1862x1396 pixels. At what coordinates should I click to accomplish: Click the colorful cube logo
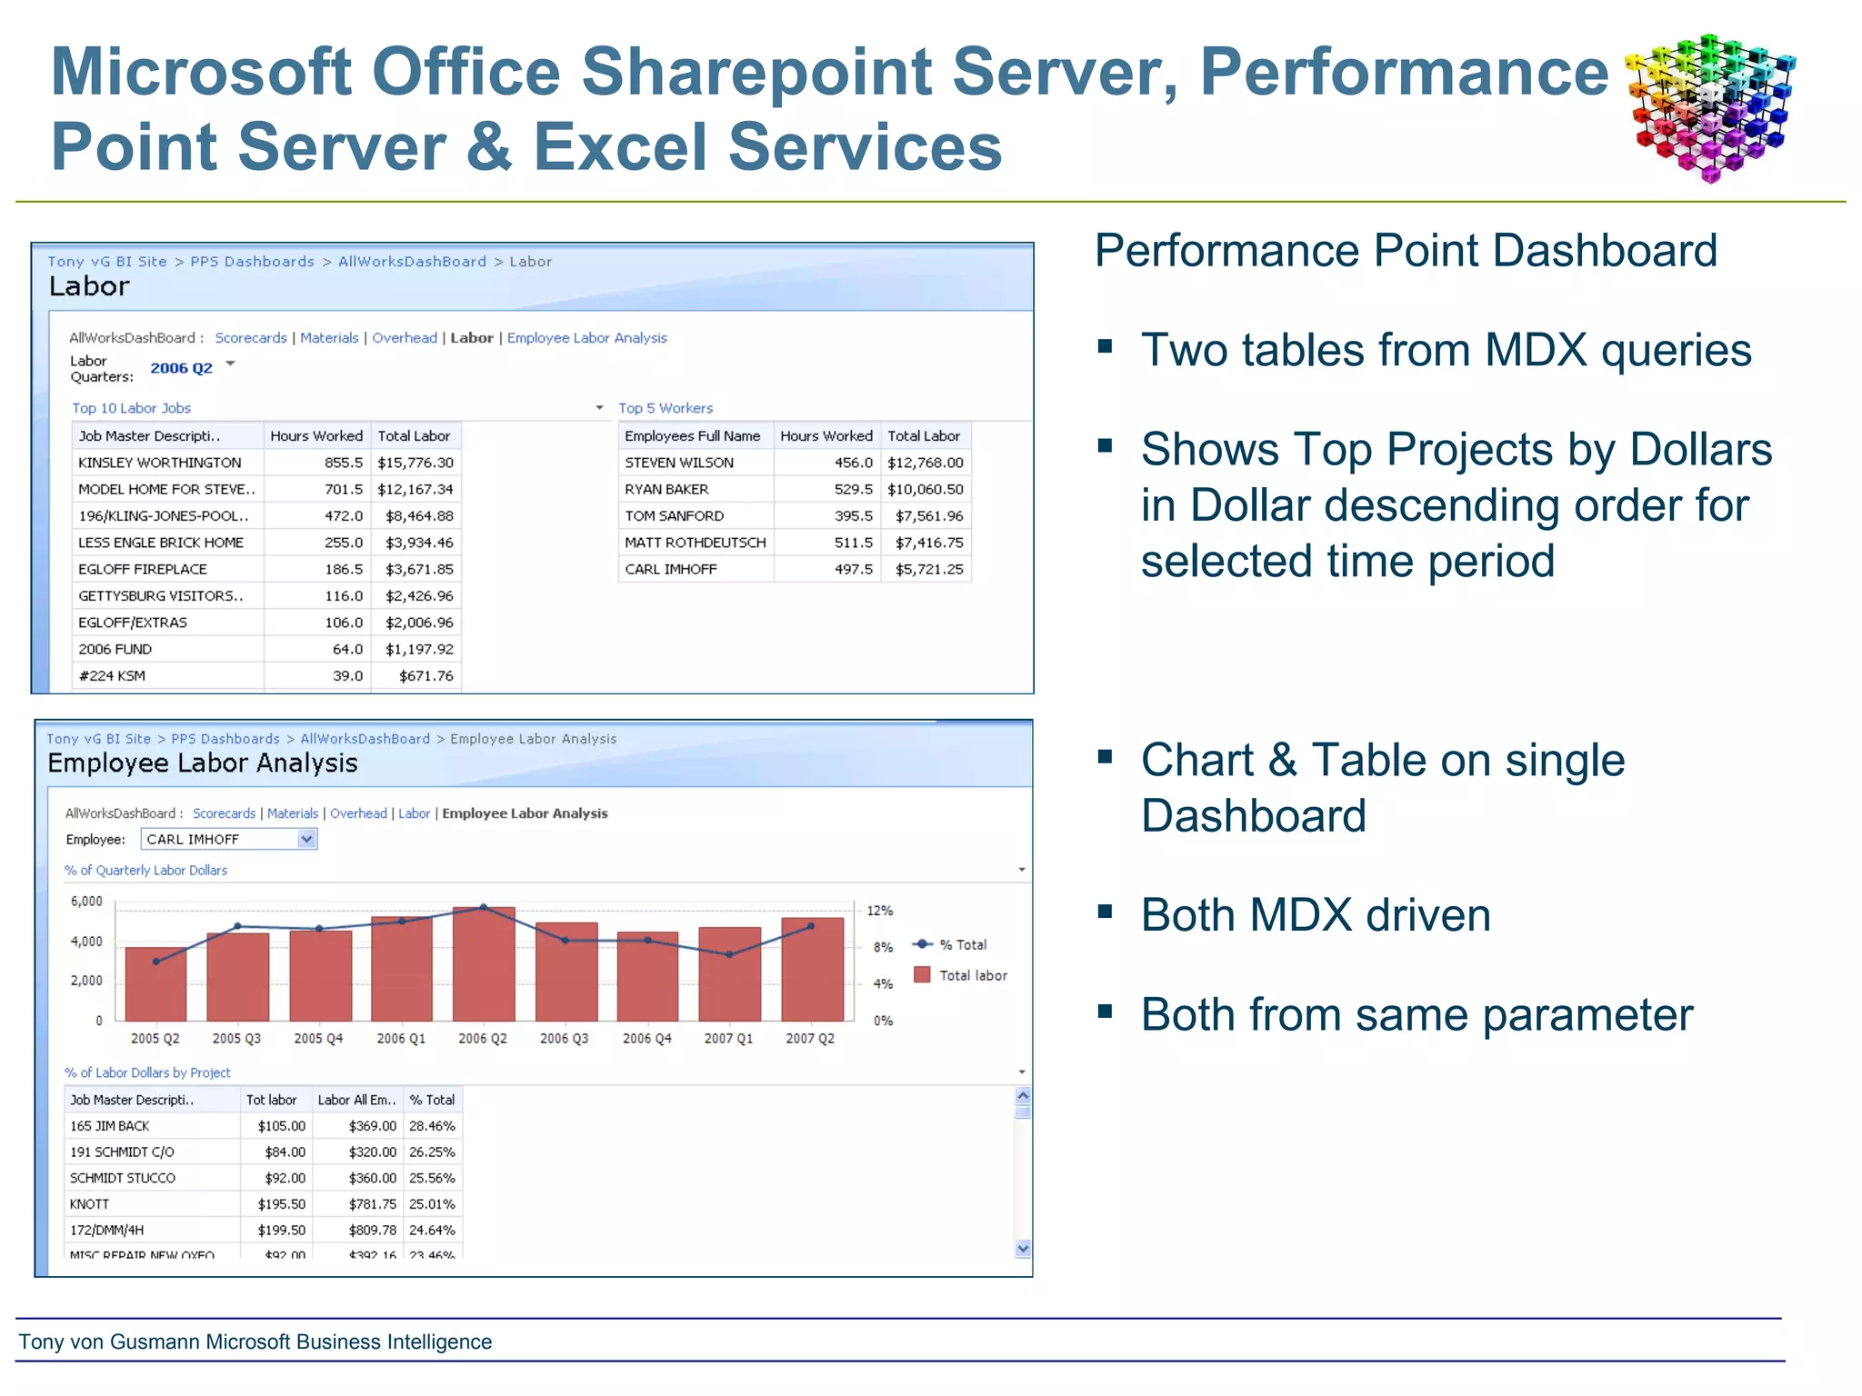pyautogui.click(x=1710, y=107)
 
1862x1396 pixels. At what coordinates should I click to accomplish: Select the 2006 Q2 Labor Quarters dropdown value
pyautogui.click(x=181, y=368)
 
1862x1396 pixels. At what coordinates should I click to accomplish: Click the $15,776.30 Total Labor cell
pyautogui.click(x=415, y=463)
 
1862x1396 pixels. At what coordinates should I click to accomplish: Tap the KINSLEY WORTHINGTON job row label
pyautogui.click(x=160, y=463)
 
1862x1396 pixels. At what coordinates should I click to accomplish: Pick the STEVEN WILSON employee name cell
pyautogui.click(x=679, y=463)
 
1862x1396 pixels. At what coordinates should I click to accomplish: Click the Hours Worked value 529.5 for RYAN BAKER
pyautogui.click(x=852, y=489)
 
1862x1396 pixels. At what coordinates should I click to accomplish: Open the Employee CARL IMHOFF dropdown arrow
pyautogui.click(x=307, y=839)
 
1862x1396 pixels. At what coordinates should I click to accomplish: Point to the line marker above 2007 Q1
pyautogui.click(x=729, y=954)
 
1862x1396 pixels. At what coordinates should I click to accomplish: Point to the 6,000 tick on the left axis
pyautogui.click(x=86, y=902)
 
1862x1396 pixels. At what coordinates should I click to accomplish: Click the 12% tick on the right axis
pyautogui.click(x=879, y=911)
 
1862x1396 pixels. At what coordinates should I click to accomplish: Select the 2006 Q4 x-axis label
pyautogui.click(x=646, y=1038)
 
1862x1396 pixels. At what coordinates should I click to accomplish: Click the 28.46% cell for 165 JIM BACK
pyautogui.click(x=432, y=1126)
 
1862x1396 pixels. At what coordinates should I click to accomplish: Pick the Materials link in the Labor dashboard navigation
pyautogui.click(x=329, y=338)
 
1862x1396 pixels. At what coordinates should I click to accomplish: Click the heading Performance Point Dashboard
pyautogui.click(x=1405, y=251)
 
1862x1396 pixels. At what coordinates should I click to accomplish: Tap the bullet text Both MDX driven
pyautogui.click(x=1315, y=915)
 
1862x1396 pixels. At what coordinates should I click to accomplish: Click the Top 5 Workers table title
pyautogui.click(x=666, y=408)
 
